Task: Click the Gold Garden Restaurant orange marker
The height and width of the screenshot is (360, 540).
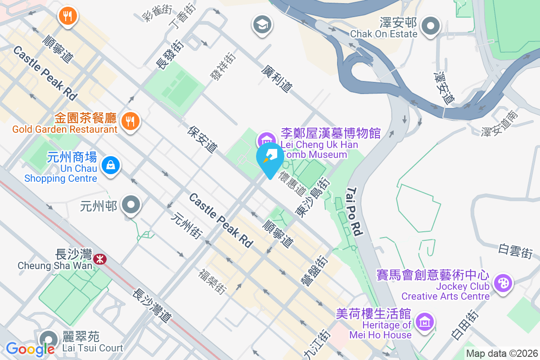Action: [130, 121]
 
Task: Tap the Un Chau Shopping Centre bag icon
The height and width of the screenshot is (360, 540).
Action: [110, 165]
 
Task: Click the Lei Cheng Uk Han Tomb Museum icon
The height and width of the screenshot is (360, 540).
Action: [266, 139]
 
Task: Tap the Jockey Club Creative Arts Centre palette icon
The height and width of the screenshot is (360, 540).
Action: [503, 283]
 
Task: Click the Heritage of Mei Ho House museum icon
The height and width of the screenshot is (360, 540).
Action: [424, 322]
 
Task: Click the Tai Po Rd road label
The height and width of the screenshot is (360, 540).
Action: [355, 212]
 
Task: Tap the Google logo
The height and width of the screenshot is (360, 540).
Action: [30, 349]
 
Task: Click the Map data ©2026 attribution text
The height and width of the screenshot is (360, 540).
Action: [501, 354]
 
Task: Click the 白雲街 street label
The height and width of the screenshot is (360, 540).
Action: [515, 251]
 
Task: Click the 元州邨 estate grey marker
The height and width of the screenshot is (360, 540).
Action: [131, 206]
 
